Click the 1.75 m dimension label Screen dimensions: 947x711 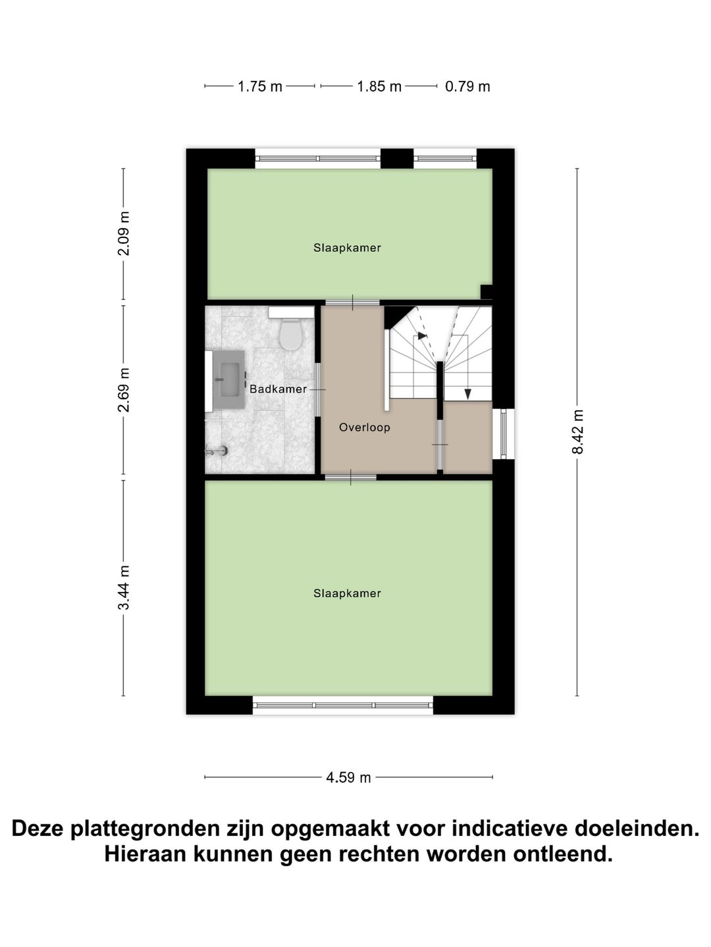[259, 86]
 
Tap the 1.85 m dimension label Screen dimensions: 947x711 [379, 86]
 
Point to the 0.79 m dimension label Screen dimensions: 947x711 [467, 86]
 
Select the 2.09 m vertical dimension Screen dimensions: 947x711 [124, 234]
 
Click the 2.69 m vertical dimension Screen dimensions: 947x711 [124, 390]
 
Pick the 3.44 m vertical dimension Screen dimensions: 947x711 [124, 587]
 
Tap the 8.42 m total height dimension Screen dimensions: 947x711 [577, 431]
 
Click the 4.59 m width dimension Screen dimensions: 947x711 [348, 778]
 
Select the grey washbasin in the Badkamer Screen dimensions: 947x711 [228, 380]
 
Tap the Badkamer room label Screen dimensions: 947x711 [278, 389]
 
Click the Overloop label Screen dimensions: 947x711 [365, 427]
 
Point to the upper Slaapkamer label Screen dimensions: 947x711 [347, 248]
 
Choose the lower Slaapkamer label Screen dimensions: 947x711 [347, 593]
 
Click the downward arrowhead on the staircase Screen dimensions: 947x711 [467, 394]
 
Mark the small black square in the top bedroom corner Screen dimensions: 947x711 [487, 291]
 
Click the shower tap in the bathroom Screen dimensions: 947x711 [217, 450]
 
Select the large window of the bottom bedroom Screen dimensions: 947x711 [343, 705]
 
